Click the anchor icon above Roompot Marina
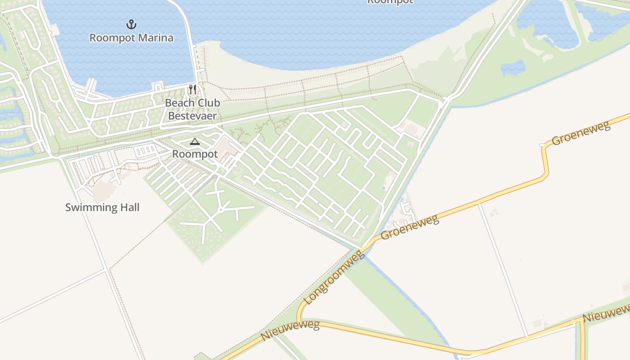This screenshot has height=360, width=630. [x=131, y=24]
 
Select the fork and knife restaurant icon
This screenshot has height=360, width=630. [x=193, y=90]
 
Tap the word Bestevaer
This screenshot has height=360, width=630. [x=193, y=116]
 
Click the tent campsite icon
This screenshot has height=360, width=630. [x=194, y=142]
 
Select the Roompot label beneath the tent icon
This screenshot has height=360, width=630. [x=195, y=154]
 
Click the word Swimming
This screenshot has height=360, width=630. [x=86, y=207]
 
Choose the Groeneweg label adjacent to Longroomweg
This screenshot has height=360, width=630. [x=409, y=228]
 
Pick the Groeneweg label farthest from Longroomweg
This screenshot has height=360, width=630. [x=581, y=133]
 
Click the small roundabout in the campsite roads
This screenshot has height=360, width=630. [x=220, y=210]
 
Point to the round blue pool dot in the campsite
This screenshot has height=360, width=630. [x=383, y=188]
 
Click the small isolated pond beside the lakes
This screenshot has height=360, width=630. [x=513, y=68]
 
